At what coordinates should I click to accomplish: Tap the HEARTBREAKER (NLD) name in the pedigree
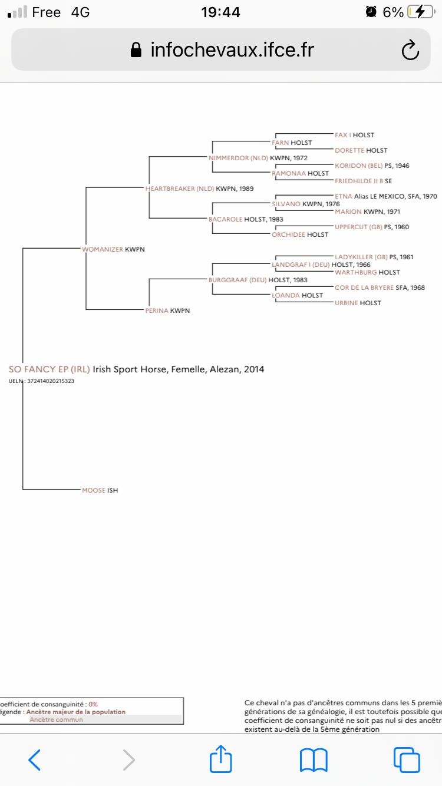179,189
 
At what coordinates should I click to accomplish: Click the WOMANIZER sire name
103,249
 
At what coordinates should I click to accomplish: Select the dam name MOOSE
94,490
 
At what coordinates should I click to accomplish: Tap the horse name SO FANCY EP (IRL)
50,369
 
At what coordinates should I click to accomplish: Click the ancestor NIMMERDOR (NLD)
238,158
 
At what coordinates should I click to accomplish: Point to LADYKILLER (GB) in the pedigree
361,257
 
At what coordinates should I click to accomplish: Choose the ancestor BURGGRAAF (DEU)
238,280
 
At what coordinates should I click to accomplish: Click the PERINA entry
157,311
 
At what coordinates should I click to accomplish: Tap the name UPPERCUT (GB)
358,227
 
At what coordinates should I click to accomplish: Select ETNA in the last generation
343,196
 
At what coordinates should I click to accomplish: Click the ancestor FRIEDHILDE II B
359,181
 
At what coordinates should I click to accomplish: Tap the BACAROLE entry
225,219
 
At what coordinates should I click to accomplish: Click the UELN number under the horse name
51,381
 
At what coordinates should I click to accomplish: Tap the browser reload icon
410,51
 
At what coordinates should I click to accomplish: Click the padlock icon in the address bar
136,51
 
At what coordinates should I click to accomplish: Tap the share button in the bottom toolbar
221,759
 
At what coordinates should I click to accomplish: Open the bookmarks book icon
314,760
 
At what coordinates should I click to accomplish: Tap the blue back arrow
35,760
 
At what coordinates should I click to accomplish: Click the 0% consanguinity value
93,704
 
